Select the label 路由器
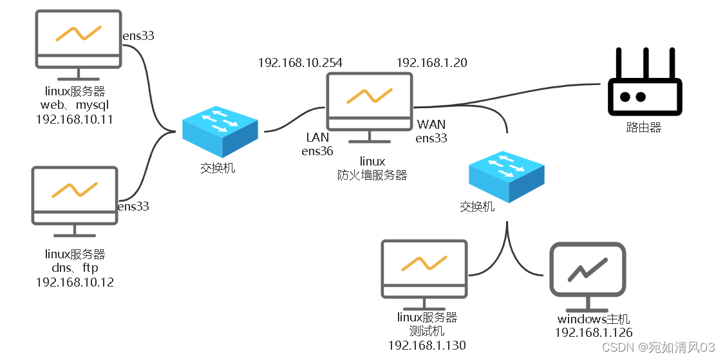[643, 128]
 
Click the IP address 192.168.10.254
[300, 62]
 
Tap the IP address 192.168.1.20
[431, 62]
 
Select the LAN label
[317, 137]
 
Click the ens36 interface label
[317, 151]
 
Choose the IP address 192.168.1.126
[594, 332]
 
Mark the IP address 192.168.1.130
[427, 345]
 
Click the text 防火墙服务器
[372, 175]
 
